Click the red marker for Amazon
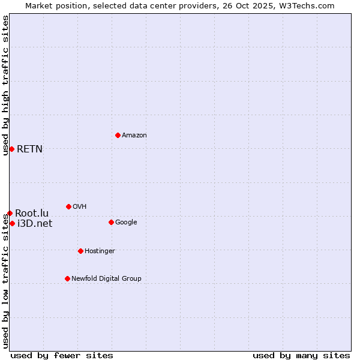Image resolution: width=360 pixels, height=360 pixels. point(118,135)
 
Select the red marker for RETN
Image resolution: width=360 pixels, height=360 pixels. point(11,149)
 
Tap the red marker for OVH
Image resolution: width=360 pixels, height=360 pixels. point(68,206)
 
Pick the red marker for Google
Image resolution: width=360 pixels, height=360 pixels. point(111,222)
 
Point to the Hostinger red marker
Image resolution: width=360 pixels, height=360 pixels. point(80,251)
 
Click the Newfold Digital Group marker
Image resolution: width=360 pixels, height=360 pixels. point(67,278)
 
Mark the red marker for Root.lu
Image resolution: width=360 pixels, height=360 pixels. point(10,213)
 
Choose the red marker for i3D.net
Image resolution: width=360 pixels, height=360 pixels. point(12,223)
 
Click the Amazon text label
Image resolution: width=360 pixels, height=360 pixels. point(134,135)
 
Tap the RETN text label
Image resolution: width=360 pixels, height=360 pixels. point(29,149)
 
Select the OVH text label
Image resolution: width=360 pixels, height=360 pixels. point(80,206)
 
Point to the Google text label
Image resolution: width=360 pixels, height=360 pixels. point(126,222)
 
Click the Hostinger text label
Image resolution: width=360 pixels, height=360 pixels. point(100,251)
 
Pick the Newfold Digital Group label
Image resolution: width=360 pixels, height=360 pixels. point(106,278)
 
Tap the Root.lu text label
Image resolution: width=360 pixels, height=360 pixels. point(32,213)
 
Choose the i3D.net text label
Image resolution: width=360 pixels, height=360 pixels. point(35,223)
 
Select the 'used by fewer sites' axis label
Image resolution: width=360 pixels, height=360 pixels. point(62,355)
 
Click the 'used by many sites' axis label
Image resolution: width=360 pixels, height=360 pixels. point(301,355)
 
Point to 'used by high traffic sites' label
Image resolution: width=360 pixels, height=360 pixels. point(5,85)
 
